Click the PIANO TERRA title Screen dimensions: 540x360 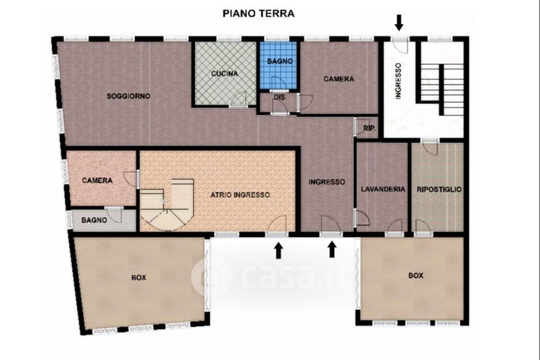[259, 14]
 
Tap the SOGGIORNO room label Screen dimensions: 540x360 [128, 96]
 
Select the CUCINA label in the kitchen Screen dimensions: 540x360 [225, 74]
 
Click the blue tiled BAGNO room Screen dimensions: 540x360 [279, 66]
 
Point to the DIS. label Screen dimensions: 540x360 [279, 97]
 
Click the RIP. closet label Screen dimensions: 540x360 [369, 128]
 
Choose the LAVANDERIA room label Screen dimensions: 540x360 [383, 189]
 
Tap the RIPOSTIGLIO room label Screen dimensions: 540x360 [439, 190]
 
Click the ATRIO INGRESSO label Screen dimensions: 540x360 [240, 195]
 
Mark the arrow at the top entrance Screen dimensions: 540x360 [399, 22]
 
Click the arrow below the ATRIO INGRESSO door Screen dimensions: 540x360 [278, 251]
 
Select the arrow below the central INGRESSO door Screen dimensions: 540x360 [332, 249]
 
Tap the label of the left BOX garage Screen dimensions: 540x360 [138, 278]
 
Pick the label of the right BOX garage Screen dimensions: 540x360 [416, 276]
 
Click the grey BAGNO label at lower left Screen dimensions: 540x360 [94, 220]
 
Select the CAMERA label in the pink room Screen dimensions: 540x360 [97, 180]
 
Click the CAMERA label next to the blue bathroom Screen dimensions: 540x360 [339, 79]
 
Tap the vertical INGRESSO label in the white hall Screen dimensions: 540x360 [398, 81]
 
